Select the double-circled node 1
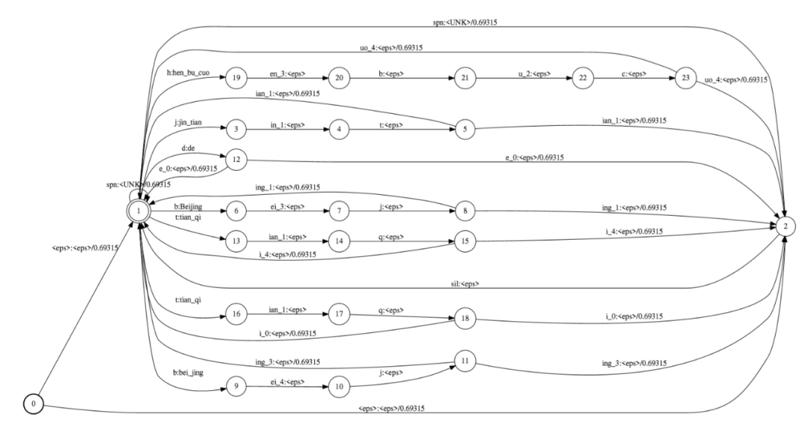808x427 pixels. pyautogui.click(x=139, y=211)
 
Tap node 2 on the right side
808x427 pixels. pyautogui.click(x=784, y=225)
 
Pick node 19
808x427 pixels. pyautogui.click(x=236, y=77)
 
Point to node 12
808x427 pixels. pyautogui.click(x=236, y=159)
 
